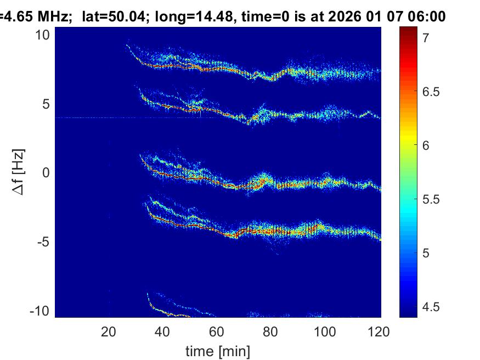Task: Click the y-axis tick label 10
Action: click(x=43, y=35)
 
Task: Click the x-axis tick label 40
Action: click(x=162, y=331)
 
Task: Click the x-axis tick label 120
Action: click(x=379, y=331)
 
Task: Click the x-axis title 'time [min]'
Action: click(x=218, y=350)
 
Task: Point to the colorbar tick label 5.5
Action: click(x=431, y=199)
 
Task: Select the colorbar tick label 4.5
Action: click(x=431, y=307)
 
